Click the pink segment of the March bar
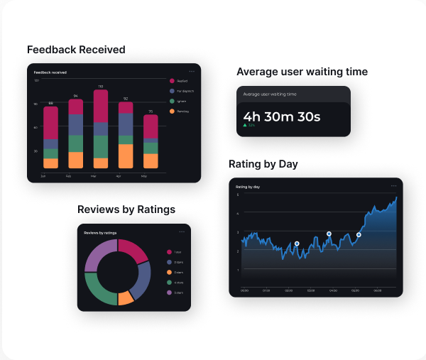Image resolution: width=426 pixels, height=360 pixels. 101,106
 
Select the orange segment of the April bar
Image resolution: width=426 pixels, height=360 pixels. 126,156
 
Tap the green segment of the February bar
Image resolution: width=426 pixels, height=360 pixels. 76,143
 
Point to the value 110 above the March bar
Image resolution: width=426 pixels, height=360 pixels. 101,86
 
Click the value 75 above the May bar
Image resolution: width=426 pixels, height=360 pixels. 151,111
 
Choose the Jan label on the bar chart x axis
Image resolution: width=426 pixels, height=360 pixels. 43,175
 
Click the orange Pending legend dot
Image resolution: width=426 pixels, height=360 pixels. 172,111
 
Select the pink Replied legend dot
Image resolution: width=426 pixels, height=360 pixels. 172,81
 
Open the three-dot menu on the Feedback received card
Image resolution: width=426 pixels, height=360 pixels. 192,72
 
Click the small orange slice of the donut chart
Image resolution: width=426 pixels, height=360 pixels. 126,298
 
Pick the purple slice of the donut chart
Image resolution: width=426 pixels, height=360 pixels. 99,254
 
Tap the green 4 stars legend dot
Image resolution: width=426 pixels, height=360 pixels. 169,283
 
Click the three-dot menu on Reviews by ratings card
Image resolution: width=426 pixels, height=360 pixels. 182,232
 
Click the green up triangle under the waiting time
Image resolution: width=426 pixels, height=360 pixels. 245,125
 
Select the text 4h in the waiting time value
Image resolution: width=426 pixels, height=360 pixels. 252,116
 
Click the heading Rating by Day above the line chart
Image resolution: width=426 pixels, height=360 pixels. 263,164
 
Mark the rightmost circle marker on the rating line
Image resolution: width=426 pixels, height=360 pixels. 359,234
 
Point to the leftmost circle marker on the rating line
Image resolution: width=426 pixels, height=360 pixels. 297,244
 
